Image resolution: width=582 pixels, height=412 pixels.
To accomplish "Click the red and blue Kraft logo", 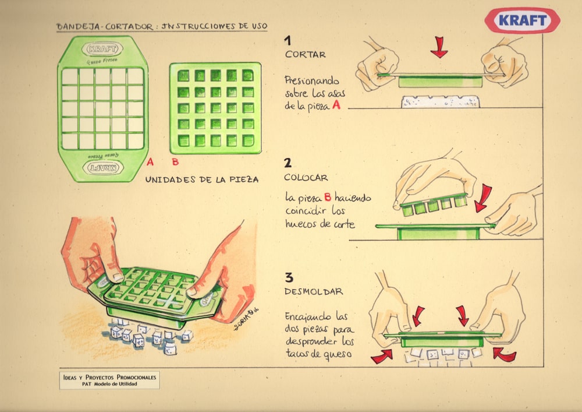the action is [522, 20].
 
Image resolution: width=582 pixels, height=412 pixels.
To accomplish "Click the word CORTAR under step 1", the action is [306, 54].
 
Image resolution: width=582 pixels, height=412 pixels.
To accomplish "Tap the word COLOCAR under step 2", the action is [306, 178].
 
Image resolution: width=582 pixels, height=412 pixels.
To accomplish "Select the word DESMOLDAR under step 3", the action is [314, 291].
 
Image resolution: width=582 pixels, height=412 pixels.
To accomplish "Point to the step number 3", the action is [289, 277].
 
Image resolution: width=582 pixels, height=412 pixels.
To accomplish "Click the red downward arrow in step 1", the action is [439, 47].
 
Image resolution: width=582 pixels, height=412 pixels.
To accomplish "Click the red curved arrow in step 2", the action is [483, 198].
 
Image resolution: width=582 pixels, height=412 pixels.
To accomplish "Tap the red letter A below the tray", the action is [150, 161].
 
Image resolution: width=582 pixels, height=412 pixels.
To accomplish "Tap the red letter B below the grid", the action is [176, 161].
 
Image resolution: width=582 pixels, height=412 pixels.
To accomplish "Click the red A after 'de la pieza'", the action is [336, 105].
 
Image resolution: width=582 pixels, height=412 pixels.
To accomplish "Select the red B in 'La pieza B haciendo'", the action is [327, 196].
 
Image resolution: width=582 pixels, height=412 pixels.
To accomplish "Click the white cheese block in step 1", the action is [440, 101].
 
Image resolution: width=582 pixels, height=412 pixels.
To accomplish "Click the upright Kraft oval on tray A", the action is [102, 49].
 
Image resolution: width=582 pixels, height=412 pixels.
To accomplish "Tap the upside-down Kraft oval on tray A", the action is [103, 168].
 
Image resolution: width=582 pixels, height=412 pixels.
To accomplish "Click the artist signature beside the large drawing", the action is [246, 319].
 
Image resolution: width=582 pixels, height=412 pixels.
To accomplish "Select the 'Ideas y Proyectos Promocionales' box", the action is [109, 380].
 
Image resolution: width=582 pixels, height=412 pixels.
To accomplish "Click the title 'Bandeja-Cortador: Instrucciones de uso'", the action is [161, 26].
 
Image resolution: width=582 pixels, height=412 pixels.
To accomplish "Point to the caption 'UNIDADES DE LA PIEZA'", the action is [202, 179].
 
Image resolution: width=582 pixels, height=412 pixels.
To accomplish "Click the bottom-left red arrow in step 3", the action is [382, 356].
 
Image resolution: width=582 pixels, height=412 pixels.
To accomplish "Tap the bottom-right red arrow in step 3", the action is [504, 354].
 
